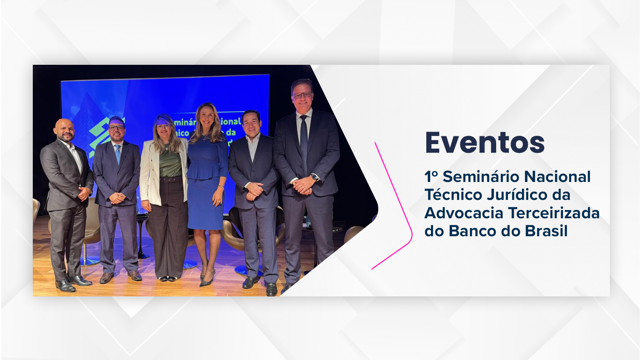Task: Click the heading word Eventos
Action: tap(484, 143)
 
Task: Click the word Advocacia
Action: tap(464, 213)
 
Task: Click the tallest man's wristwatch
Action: tap(315, 177)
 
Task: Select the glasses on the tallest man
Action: tap(303, 95)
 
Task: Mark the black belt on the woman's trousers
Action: tap(171, 180)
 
